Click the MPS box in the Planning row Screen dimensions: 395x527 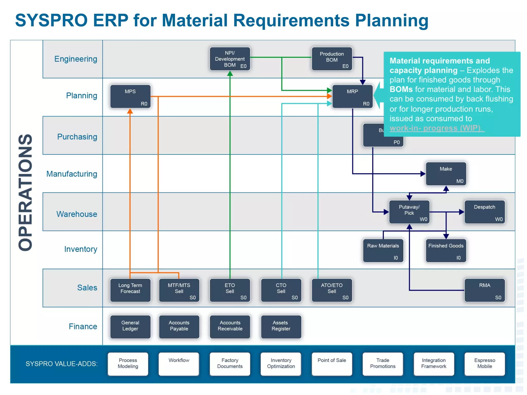click(130, 97)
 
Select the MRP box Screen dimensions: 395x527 click(352, 97)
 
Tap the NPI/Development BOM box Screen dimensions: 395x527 click(230, 59)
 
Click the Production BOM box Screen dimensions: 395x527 click(332, 59)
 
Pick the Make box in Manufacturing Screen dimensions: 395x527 click(446, 174)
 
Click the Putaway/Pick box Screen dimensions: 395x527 click(409, 212)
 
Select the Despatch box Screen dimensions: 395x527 click(485, 212)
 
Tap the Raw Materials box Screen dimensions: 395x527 click(383, 250)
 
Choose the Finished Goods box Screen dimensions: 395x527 click(446, 250)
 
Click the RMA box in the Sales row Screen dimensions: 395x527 click(485, 290)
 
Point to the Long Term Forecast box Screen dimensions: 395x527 click(130, 290)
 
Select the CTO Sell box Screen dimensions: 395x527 click(281, 290)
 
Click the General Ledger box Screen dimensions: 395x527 click(130, 327)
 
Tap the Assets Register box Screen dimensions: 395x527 click(281, 327)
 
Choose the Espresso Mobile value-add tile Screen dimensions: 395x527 click(485, 364)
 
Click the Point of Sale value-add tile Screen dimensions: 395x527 click(332, 364)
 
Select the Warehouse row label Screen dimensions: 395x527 click(77, 214)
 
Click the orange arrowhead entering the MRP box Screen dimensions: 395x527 click(329, 96)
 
